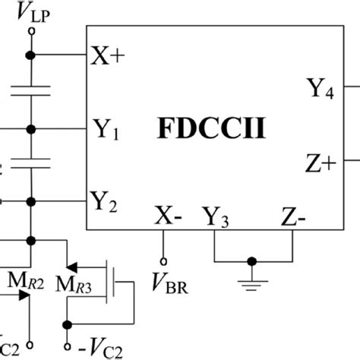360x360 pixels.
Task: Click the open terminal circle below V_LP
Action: point(31,31)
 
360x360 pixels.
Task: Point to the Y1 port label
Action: point(105,127)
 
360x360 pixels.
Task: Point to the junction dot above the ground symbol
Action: point(251,262)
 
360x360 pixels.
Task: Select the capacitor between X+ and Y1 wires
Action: point(31,91)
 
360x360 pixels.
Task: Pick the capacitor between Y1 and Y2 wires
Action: point(31,163)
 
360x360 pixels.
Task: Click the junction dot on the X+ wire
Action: point(31,55)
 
